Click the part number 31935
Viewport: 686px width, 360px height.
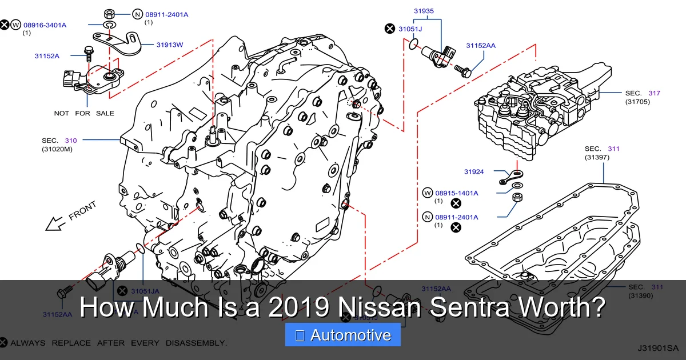pyautogui.click(x=424, y=10)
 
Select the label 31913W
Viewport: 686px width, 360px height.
pyautogui.click(x=170, y=44)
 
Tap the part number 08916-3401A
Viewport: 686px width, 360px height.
pyautogui.click(x=45, y=25)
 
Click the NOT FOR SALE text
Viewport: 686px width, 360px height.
pyautogui.click(x=84, y=113)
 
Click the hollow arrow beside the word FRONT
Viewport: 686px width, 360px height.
pyautogui.click(x=55, y=223)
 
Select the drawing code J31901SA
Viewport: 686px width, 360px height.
pyautogui.click(x=657, y=347)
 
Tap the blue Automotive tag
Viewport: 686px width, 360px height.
pyautogui.click(x=343, y=335)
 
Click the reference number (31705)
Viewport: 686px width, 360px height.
pyautogui.click(x=637, y=102)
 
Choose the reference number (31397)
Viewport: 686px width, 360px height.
pyautogui.click(x=597, y=157)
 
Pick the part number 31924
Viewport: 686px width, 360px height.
pyautogui.click(x=474, y=171)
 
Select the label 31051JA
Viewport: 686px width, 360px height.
pyautogui.click(x=146, y=291)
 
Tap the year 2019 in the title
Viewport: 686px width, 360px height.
pyautogui.click(x=297, y=307)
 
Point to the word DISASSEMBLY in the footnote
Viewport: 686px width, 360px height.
pyautogui.click(x=196, y=343)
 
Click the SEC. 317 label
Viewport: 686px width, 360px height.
pyautogui.click(x=643, y=93)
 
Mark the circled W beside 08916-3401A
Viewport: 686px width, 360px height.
pyautogui.click(x=15, y=25)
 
